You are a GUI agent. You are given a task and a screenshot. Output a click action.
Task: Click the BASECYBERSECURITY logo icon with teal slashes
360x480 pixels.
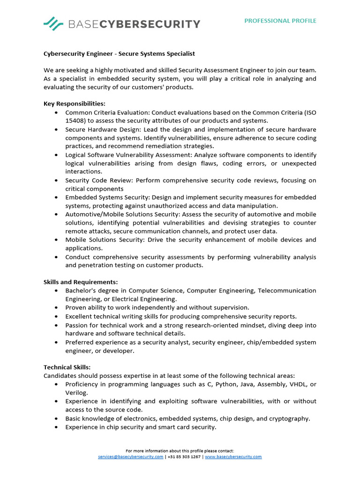53,23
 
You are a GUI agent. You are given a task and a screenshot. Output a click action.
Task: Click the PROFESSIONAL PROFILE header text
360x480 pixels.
280,21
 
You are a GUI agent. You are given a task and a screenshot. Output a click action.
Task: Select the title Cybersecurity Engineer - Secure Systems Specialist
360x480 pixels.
119,54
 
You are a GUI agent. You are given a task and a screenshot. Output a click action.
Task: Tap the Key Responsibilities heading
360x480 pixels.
75,104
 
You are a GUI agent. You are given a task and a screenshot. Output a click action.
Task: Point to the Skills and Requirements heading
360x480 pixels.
81,282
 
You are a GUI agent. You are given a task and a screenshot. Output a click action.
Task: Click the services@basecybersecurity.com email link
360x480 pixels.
131,457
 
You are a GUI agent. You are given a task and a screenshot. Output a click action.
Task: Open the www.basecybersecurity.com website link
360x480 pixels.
233,457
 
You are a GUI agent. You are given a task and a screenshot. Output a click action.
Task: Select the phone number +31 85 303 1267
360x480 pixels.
184,457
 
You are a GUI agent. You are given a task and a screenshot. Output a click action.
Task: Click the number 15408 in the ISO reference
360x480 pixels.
75,120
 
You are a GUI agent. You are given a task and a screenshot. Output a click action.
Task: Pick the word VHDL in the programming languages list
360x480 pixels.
296,384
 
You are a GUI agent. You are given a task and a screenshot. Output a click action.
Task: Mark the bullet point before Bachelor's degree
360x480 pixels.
56,291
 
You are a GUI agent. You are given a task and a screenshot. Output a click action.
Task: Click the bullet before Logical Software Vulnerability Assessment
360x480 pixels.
56,155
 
